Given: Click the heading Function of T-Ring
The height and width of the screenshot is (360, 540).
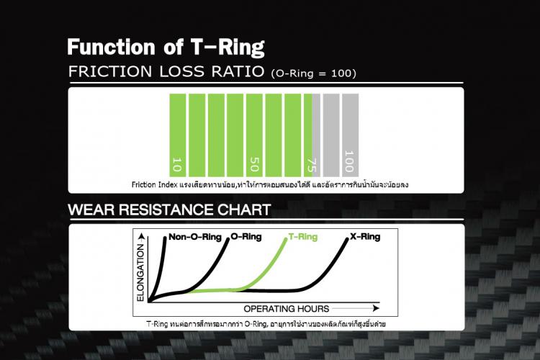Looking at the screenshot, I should point(166,48).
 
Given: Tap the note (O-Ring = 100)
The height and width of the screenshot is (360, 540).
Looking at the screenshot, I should point(313,74).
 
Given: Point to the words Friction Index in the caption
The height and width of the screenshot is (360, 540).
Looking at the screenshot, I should point(152,184).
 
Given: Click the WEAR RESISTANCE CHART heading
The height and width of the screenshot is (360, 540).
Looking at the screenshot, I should point(169,211).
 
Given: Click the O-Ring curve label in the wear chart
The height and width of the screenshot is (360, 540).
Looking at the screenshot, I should point(247,236).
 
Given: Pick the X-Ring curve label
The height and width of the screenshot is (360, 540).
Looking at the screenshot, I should point(366,236).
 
